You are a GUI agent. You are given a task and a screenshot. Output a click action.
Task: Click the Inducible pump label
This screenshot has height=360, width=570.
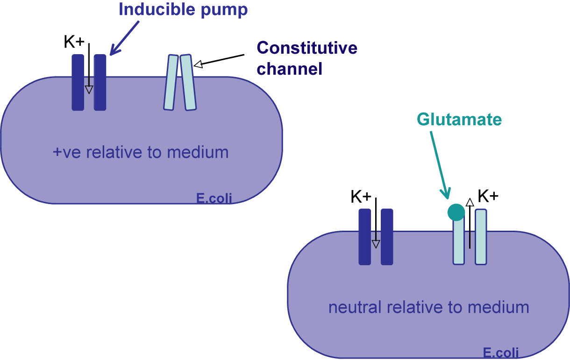[183, 10]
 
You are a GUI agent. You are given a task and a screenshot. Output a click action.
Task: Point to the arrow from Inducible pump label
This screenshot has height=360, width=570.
[125, 38]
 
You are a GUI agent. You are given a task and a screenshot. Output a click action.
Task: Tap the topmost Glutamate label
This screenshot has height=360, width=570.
[459, 120]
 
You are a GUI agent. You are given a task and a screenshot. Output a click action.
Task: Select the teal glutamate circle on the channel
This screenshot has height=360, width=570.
[456, 212]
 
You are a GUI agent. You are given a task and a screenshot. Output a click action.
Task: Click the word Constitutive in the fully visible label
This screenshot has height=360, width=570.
[307, 48]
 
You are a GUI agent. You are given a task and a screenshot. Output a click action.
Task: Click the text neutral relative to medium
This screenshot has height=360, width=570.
[428, 307]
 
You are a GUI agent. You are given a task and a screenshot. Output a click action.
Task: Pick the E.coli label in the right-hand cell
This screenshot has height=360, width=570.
[501, 353]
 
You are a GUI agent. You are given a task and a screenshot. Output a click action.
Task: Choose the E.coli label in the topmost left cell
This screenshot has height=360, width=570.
[214, 198]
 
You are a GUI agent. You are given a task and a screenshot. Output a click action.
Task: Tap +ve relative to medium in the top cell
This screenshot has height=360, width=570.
[141, 152]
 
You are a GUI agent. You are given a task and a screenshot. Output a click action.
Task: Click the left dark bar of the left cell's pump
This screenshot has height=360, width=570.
[78, 83]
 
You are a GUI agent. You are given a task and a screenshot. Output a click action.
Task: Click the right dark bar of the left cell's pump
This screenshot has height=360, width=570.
[100, 83]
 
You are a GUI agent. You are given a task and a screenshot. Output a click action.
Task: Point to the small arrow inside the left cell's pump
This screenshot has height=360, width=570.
[89, 86]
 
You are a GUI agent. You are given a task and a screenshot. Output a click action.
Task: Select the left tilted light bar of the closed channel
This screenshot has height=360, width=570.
[171, 83]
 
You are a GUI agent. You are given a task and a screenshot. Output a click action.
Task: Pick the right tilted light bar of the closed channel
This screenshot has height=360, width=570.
[188, 83]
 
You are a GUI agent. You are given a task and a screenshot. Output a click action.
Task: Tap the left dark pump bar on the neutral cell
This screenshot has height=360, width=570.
[365, 237]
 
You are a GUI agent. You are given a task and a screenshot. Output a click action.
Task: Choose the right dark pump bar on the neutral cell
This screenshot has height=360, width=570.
[387, 237]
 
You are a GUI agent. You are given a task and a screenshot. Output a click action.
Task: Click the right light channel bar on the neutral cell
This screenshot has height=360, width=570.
[481, 237]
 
